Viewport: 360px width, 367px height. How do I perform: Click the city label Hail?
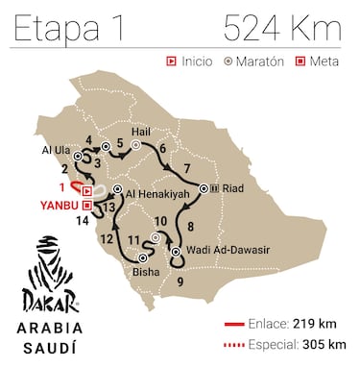pos(140,132)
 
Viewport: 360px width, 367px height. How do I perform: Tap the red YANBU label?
pos(57,205)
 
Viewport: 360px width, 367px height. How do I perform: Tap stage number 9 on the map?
pos(181,281)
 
